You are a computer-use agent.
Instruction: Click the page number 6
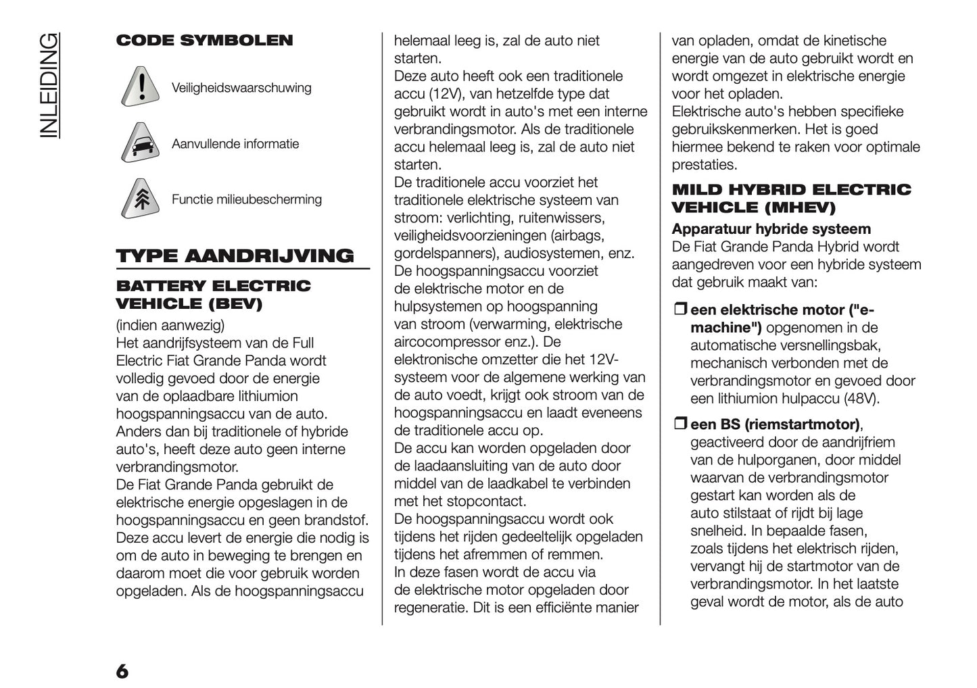[x=122, y=671]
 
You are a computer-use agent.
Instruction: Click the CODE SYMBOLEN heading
[x=204, y=41]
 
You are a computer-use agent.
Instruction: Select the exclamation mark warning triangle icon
[x=141, y=88]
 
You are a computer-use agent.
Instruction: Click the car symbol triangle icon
[x=141, y=144]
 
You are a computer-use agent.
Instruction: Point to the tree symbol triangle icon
[x=141, y=199]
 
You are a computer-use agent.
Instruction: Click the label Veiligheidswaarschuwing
[x=241, y=88]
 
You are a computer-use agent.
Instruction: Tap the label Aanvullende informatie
[x=235, y=144]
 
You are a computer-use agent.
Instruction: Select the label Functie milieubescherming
[x=246, y=199]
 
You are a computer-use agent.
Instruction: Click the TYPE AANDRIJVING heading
[x=235, y=255]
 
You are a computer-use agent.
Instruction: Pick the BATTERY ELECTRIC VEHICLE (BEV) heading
[x=213, y=295]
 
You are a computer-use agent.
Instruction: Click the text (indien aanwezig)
[x=170, y=325]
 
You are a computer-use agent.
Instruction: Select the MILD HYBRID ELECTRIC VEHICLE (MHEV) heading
[x=791, y=198]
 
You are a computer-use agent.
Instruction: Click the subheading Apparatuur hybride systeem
[x=771, y=229]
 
